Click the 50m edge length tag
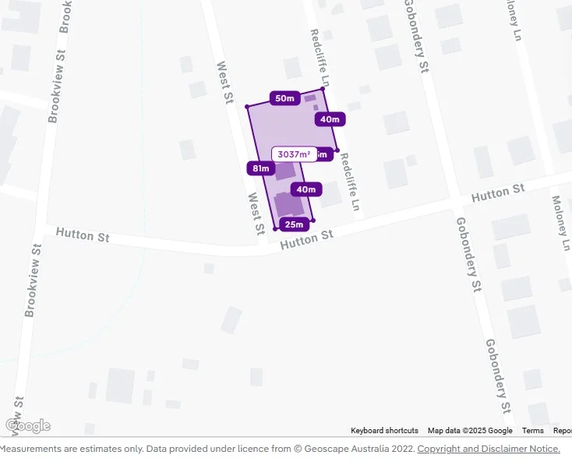[x=284, y=98]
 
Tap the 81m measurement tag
[x=260, y=168]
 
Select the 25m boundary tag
[x=294, y=225]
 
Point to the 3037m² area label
[x=294, y=154]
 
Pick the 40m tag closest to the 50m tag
[x=330, y=119]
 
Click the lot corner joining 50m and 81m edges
[x=247, y=106]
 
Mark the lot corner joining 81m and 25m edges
[x=275, y=228]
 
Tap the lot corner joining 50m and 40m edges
[x=323, y=89]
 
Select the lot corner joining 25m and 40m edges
[x=312, y=220]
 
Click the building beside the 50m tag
[x=310, y=98]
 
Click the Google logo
[x=27, y=425]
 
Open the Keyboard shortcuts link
[x=384, y=431]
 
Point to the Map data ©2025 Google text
[x=470, y=431]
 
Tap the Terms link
[x=533, y=431]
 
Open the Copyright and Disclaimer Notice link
[x=489, y=449]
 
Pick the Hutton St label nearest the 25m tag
[x=306, y=239]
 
